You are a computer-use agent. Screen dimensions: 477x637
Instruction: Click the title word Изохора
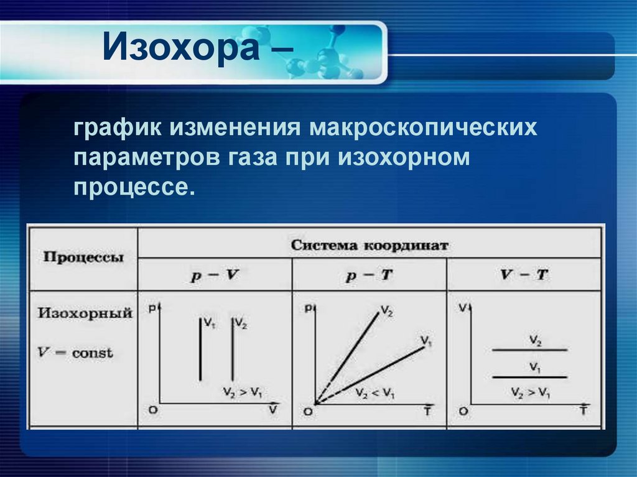coord(180,49)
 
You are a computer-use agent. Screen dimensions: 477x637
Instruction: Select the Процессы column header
coord(83,257)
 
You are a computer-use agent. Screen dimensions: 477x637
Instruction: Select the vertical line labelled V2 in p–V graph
coord(232,351)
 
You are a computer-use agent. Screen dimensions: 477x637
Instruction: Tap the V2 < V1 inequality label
coord(375,394)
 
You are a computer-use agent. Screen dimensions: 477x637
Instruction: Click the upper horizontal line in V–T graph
coord(529,350)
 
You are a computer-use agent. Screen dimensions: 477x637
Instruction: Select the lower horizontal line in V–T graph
coord(529,377)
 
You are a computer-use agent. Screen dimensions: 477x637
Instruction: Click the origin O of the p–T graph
coord(308,411)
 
